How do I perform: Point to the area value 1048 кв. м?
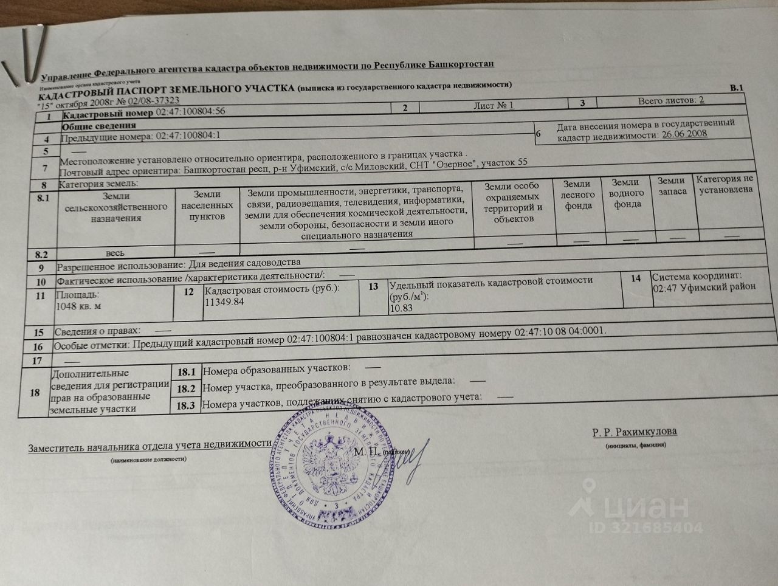[x=78, y=306]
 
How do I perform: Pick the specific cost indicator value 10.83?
[x=401, y=308]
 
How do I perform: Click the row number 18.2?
[x=185, y=388]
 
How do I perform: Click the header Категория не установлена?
[x=725, y=184]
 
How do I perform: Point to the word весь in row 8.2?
[x=115, y=252]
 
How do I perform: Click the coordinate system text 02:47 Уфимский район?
[x=704, y=287]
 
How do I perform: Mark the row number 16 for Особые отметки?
[x=39, y=346]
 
